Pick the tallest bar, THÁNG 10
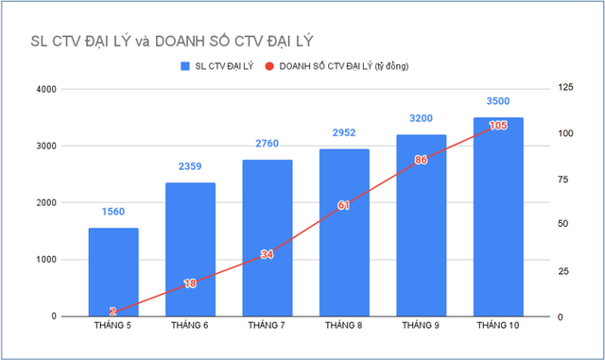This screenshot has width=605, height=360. tap(498, 216)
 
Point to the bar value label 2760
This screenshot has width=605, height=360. tap(267, 145)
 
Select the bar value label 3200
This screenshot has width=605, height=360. tap(421, 119)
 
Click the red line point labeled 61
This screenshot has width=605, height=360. tap(344, 204)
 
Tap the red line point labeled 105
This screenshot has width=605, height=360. tap(498, 125)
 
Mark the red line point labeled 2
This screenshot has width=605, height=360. tap(113, 312)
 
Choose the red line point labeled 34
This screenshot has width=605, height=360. tap(267, 253)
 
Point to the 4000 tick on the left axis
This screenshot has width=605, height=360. tap(46, 90)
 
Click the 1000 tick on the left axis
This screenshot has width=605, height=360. tap(46, 260)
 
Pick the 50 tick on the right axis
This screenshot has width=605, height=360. tap(561, 224)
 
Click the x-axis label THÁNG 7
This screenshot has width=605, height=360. tap(267, 326)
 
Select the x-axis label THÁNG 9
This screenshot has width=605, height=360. tap(421, 326)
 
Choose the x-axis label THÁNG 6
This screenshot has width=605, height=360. tap(190, 326)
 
